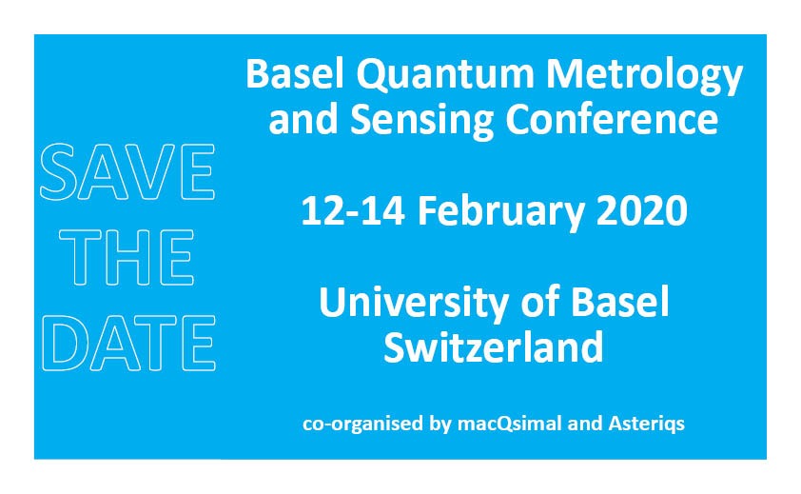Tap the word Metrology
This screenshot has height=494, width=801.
click(644, 77)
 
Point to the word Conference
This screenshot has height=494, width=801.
click(612, 119)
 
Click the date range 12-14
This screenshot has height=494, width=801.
click(353, 210)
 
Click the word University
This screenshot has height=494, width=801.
click(413, 304)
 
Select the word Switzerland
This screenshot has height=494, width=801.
click(494, 346)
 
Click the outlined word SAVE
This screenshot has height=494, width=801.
click(127, 172)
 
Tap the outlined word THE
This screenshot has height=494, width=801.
click(127, 257)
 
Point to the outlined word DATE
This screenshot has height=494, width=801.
click(128, 343)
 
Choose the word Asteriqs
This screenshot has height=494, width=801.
click(646, 424)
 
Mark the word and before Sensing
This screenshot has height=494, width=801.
click(303, 119)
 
